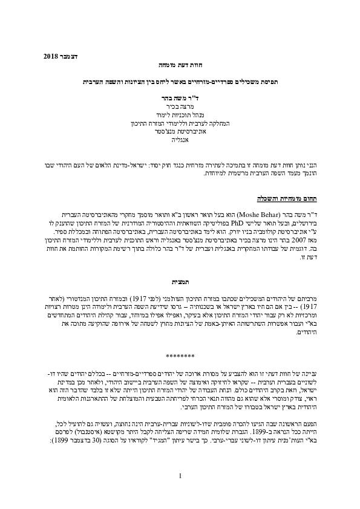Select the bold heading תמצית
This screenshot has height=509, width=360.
point(180,282)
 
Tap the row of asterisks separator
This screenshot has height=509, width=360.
point(180,357)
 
